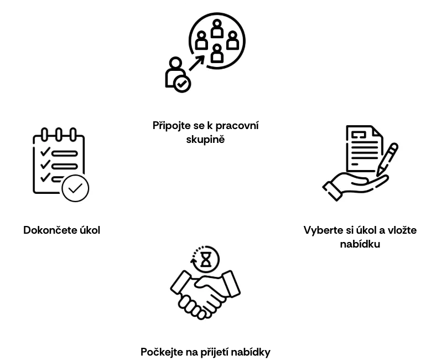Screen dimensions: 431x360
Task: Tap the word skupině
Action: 205,139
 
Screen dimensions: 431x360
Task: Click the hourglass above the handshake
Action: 206,260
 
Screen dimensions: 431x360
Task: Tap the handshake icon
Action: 205,295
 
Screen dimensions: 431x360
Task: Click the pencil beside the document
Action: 387,159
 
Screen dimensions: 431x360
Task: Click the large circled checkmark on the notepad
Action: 75,188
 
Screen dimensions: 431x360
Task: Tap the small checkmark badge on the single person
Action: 181,84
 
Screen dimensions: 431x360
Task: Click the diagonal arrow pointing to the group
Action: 197,63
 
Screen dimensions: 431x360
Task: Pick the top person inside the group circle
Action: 217,28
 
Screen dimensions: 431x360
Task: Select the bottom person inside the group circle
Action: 217,53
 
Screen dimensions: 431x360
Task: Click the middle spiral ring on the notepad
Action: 58,135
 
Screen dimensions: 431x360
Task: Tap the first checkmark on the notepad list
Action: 45,151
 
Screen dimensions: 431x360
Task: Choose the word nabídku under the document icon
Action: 360,244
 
